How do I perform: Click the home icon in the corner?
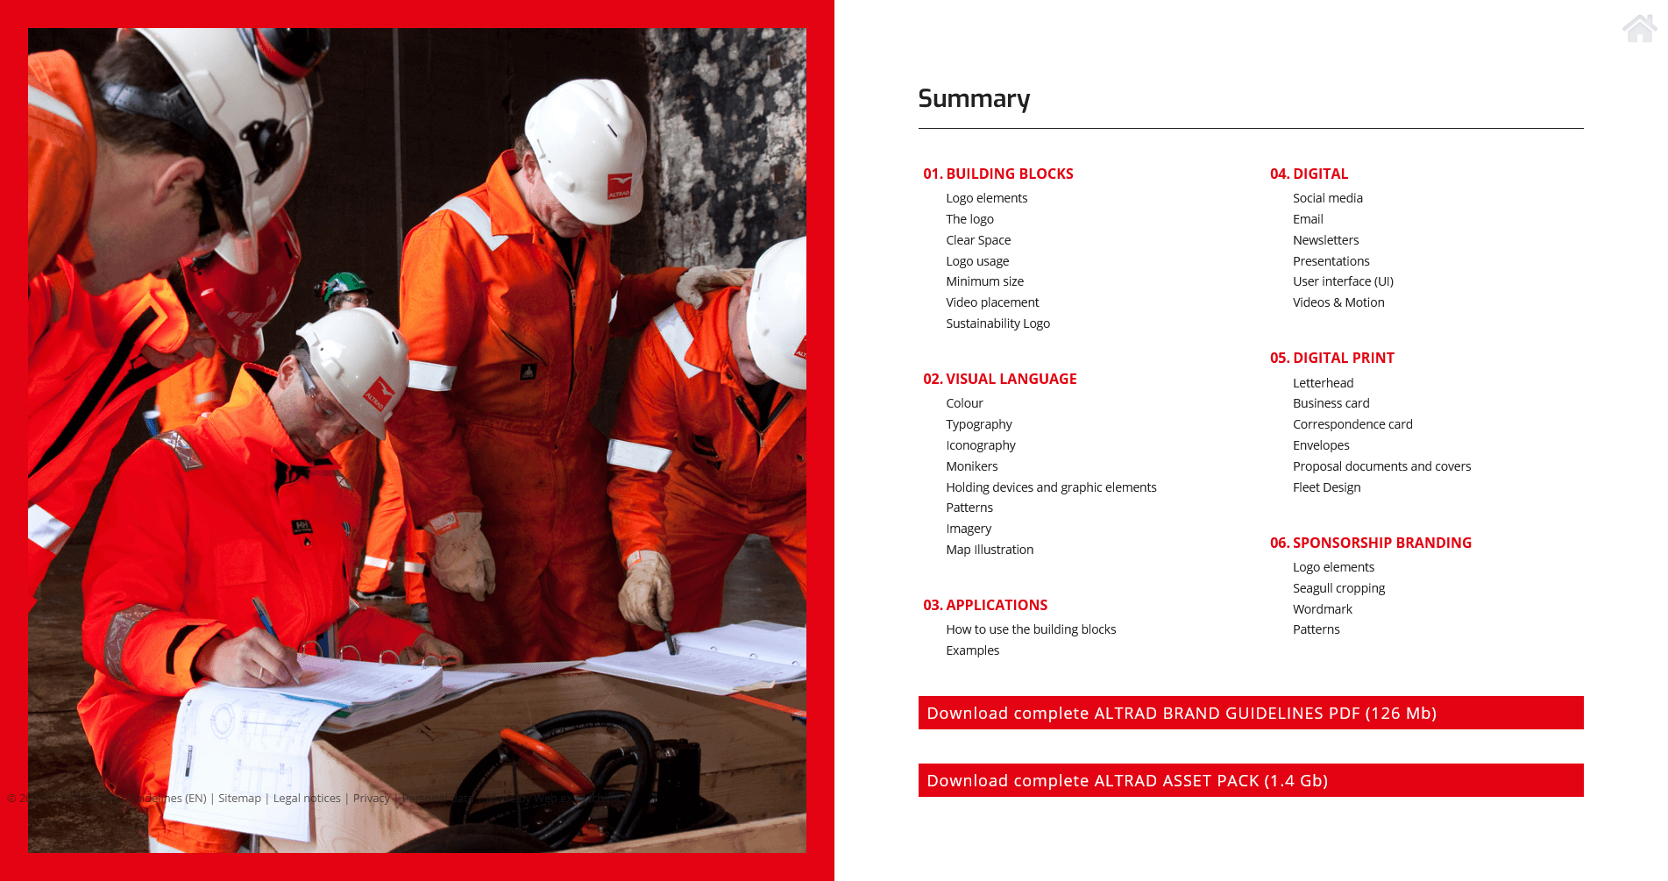click(1639, 28)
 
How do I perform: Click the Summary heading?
click(974, 99)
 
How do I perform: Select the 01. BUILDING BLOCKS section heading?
click(997, 174)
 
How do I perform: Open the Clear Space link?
click(978, 240)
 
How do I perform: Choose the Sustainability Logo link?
click(997, 323)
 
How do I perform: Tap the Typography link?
click(978, 424)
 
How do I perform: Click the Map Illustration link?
click(990, 550)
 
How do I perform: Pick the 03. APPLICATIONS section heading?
click(985, 605)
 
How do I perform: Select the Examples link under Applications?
click(972, 650)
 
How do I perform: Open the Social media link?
click(1327, 198)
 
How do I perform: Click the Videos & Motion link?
click(1338, 302)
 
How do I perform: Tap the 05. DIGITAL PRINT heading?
click(1331, 358)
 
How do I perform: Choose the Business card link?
click(1331, 403)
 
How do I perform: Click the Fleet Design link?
click(1326, 487)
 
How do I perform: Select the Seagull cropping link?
click(1338, 588)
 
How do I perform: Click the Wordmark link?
click(1322, 609)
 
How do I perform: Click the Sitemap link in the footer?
click(239, 799)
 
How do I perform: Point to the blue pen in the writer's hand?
click(266, 619)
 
